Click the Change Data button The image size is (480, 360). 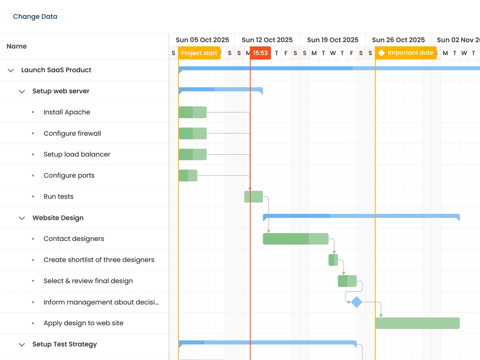click(35, 16)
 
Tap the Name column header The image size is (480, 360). click(17, 46)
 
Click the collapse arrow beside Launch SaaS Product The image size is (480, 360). click(11, 70)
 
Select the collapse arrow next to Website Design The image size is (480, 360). click(22, 218)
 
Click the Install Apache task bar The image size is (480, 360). click(193, 112)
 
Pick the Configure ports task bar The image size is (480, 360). click(188, 176)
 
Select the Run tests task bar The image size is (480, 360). click(254, 197)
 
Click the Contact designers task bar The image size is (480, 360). click(295, 239)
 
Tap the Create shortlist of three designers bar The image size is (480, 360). click(333, 260)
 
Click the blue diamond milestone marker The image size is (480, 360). click(357, 302)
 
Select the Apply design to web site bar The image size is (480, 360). click(417, 323)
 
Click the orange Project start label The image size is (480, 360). click(199, 53)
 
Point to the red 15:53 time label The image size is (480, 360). click(260, 53)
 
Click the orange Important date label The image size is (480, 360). click(406, 53)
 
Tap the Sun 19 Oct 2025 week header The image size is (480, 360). click(333, 40)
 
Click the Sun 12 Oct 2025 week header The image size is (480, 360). click(267, 40)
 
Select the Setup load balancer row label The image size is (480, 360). click(77, 155)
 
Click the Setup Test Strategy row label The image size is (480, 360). click(65, 345)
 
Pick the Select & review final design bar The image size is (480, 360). click(347, 281)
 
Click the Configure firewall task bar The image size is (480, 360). click(193, 134)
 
